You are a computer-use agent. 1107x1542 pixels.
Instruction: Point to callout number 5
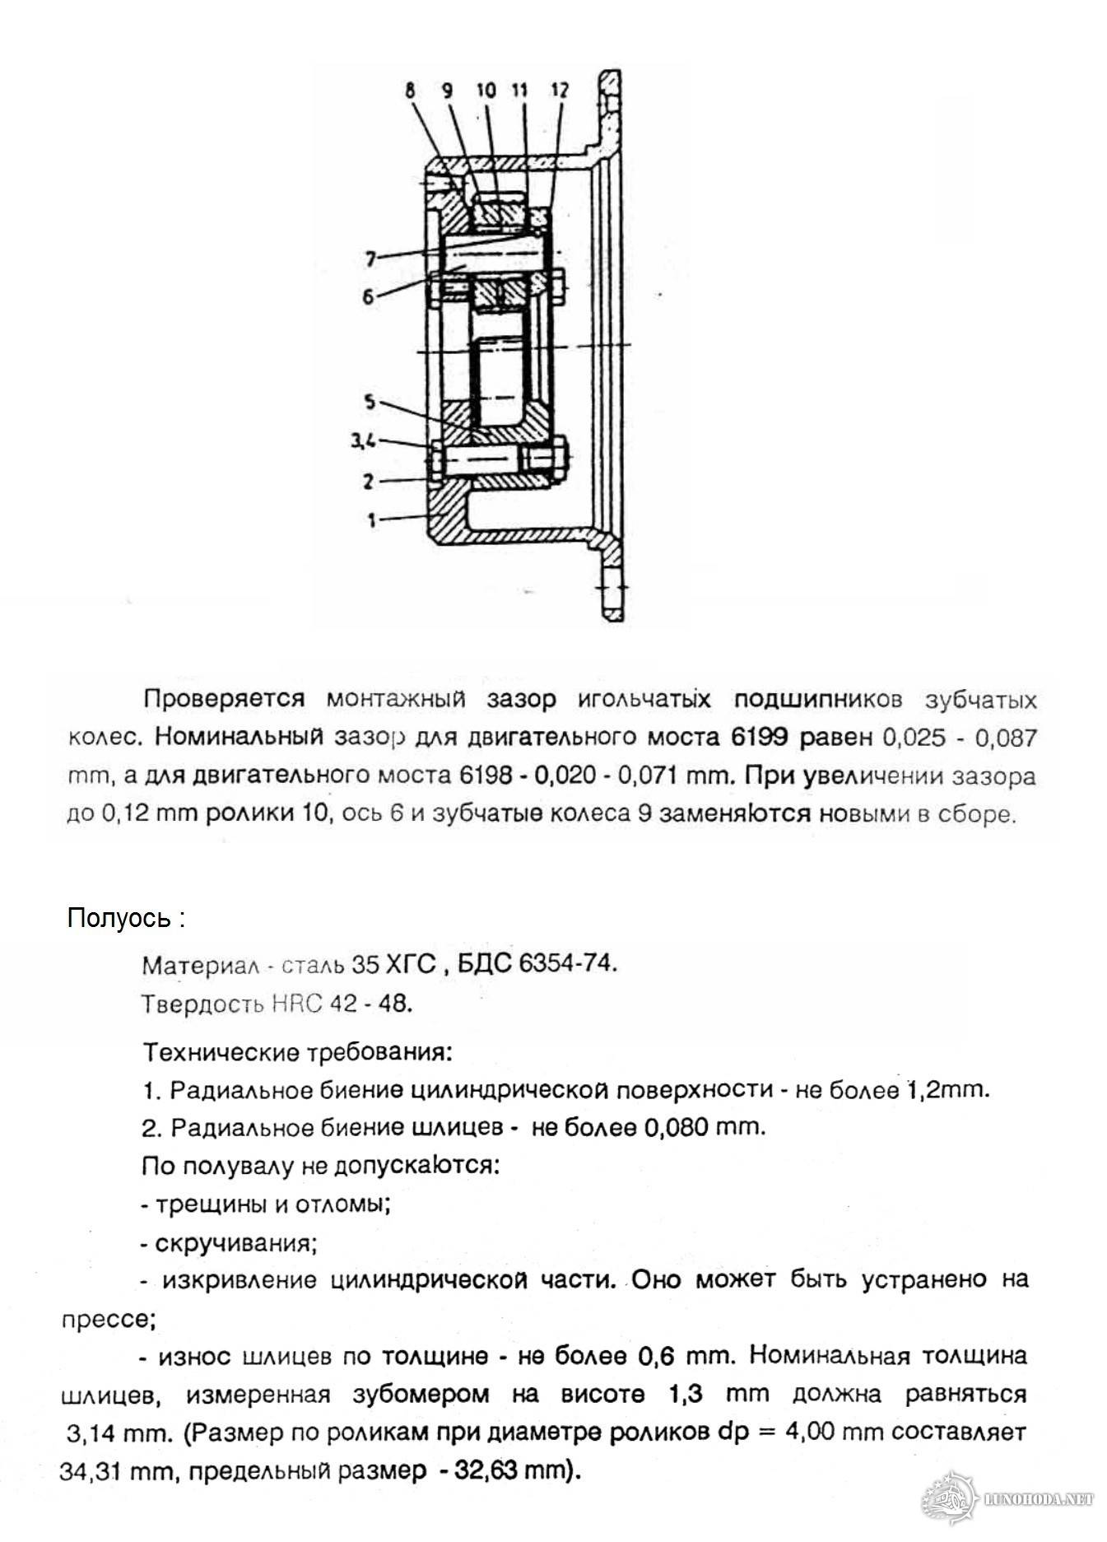[370, 403]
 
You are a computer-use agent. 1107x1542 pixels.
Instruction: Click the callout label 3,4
[363, 441]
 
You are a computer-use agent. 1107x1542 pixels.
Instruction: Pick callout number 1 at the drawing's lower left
[372, 519]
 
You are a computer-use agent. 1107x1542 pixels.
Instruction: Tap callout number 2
[369, 481]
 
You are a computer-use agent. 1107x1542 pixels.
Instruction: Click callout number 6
[369, 296]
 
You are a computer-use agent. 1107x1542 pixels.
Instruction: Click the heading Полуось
[119, 918]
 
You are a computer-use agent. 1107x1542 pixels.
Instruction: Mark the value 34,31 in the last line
[89, 1470]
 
